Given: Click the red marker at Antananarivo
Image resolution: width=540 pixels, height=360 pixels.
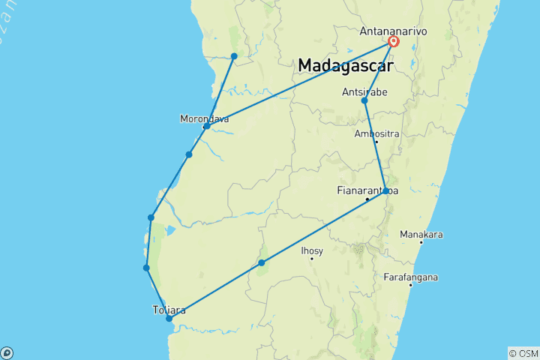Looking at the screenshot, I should (x=393, y=42).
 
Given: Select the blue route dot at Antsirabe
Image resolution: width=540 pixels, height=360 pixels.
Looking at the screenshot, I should (x=364, y=100).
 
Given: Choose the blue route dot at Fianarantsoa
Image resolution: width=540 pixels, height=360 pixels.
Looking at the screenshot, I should (x=385, y=191).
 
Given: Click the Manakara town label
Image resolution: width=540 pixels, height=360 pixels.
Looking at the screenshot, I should (x=421, y=234).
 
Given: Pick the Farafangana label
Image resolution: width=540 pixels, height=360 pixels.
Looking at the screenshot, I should (x=410, y=277).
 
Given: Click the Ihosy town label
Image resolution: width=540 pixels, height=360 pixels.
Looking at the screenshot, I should (x=311, y=250).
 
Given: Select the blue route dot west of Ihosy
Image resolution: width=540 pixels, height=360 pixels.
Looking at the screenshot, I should (x=262, y=262).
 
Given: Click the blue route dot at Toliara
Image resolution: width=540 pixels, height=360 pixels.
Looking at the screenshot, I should (x=169, y=319).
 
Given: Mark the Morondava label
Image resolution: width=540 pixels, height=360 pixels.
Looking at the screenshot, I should (x=204, y=118).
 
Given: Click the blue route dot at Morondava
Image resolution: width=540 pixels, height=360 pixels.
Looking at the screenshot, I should (x=206, y=126).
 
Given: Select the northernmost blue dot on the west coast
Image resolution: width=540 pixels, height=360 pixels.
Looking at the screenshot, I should (x=234, y=56).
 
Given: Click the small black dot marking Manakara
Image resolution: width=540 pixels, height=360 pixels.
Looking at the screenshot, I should (x=421, y=242).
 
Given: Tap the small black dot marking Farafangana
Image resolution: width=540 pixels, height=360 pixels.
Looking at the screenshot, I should (x=411, y=285).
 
